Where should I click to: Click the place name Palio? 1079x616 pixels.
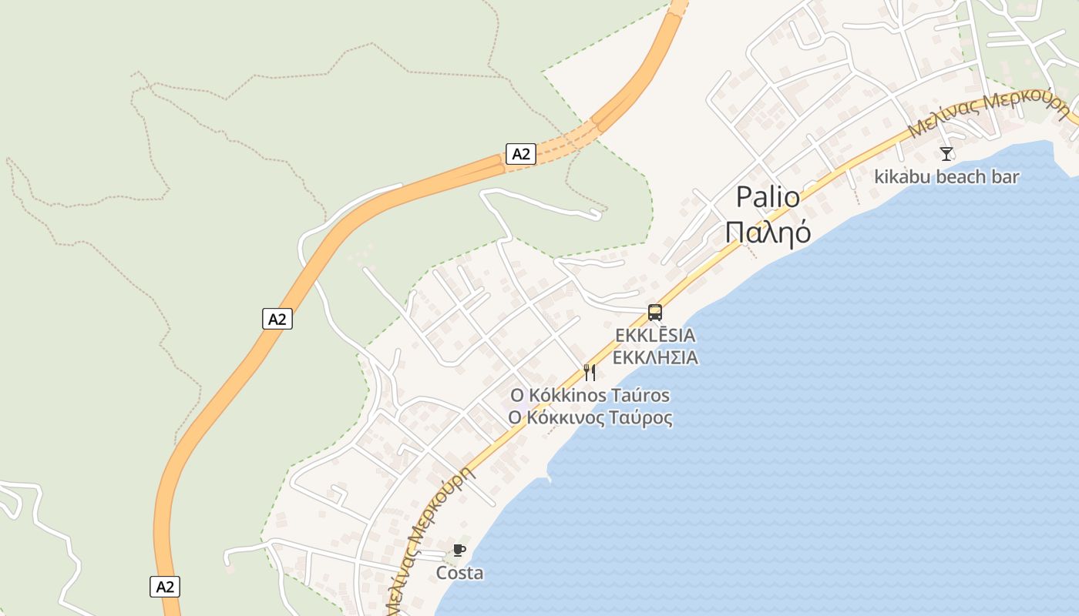(x=767, y=197)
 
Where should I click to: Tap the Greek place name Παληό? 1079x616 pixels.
(x=768, y=231)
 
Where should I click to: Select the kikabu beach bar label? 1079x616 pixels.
(x=946, y=177)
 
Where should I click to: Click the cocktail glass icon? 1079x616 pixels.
(x=946, y=154)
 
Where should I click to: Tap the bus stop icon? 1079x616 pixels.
(x=655, y=313)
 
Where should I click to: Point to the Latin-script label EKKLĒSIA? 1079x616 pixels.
(x=655, y=336)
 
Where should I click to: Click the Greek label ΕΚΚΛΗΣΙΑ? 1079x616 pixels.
(x=655, y=357)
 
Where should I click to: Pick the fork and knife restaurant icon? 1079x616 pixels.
(x=590, y=373)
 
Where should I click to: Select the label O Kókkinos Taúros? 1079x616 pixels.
(x=590, y=396)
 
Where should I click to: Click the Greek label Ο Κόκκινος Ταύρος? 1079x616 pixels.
(x=590, y=418)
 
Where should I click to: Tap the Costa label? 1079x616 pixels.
(x=460, y=573)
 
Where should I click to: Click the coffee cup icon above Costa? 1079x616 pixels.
(x=459, y=550)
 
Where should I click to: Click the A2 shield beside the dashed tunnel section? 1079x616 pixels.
(x=521, y=154)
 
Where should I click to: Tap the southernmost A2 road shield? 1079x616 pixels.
(x=165, y=587)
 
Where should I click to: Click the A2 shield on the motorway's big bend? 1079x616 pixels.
(x=277, y=319)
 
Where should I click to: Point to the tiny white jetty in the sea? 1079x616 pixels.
(x=549, y=478)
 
